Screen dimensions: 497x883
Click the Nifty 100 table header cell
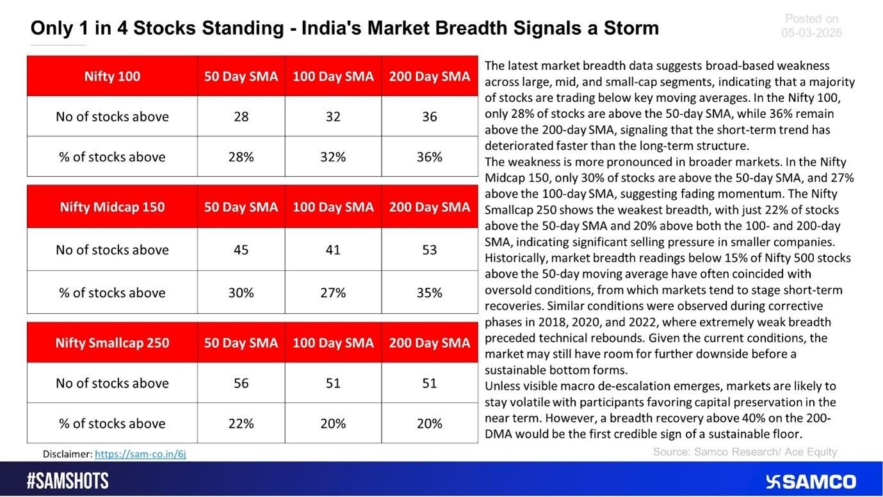(112, 76)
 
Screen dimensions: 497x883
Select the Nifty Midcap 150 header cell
(112, 207)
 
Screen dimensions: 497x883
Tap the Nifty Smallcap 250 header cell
(112, 343)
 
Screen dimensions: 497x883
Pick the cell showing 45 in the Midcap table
(241, 250)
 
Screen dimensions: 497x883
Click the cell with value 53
(429, 250)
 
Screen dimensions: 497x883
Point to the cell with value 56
(241, 383)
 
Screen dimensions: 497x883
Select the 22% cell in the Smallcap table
(241, 423)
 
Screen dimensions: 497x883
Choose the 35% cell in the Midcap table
(429, 293)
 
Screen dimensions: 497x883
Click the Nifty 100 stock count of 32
(332, 117)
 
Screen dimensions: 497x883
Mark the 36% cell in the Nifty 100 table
(429, 157)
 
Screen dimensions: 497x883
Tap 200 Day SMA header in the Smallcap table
(429, 343)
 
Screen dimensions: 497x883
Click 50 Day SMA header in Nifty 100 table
(241, 76)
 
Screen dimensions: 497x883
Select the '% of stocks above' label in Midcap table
(112, 293)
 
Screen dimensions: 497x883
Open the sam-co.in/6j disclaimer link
(140, 454)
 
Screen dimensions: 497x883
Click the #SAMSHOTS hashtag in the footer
(68, 481)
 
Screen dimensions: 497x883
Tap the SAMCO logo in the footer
(811, 482)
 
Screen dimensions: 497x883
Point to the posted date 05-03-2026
(811, 33)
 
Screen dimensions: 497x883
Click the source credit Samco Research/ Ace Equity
(745, 452)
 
